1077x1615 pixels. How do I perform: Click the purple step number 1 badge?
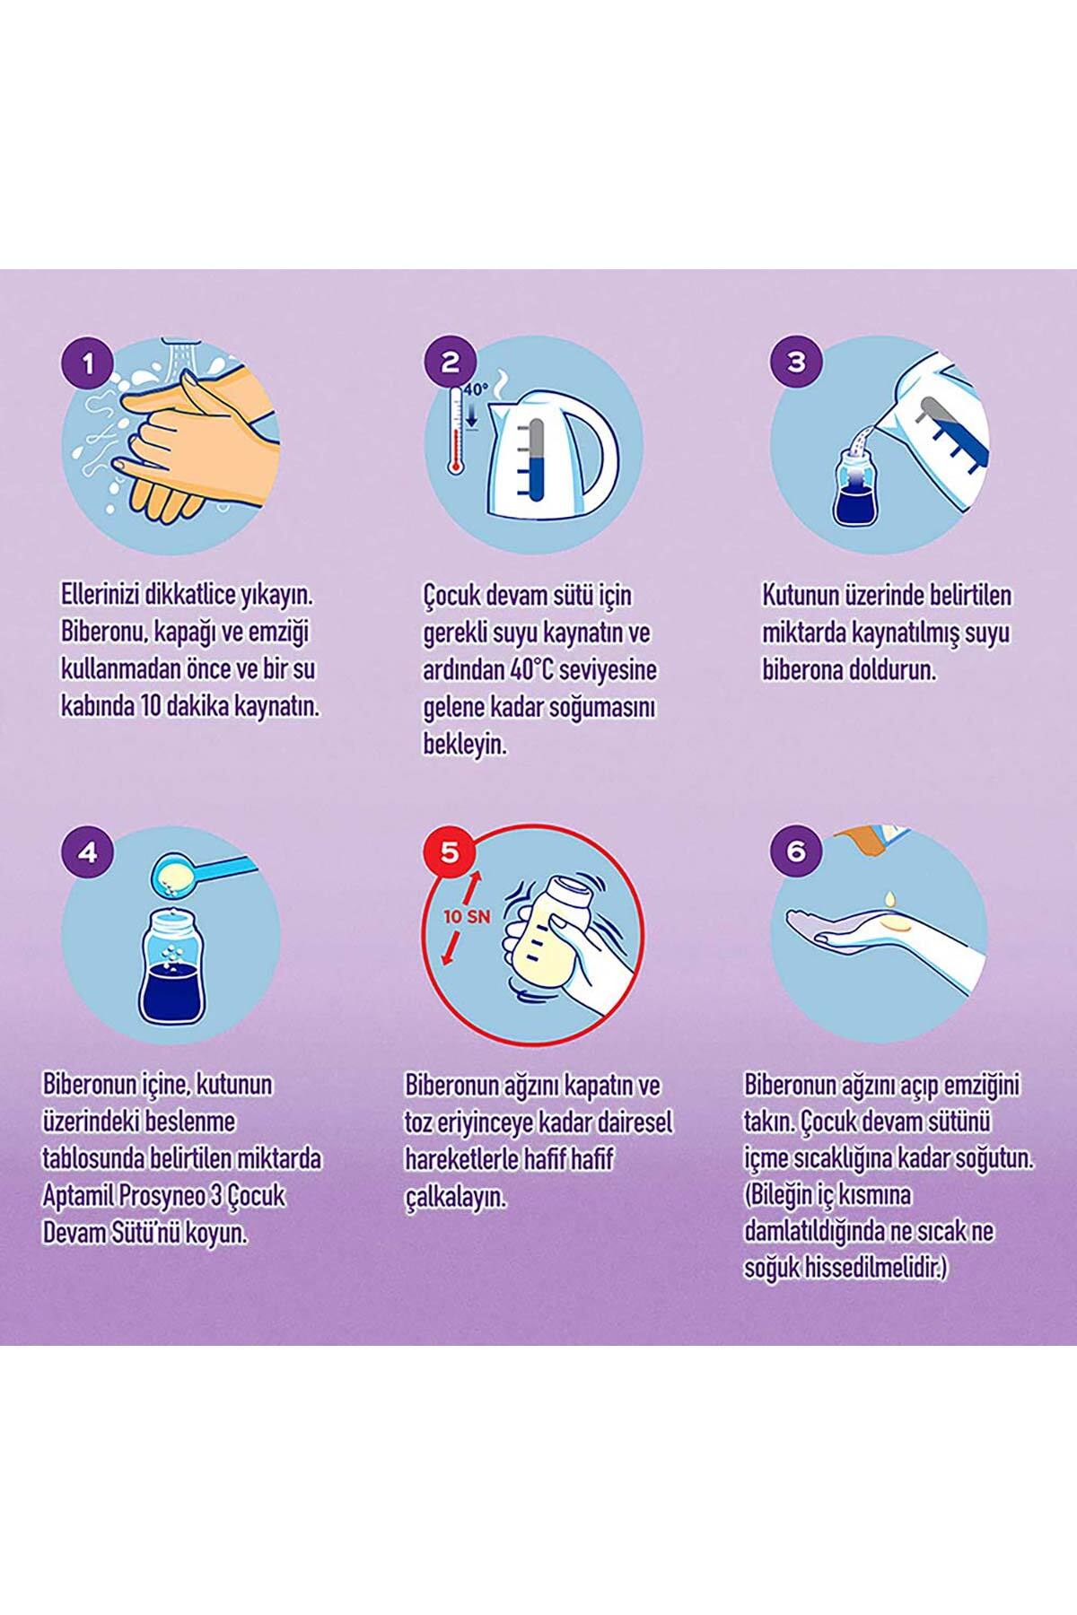(x=87, y=363)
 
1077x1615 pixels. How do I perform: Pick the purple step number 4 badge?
(x=87, y=851)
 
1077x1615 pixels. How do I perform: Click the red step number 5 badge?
(x=451, y=851)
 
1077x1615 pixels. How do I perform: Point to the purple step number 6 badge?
(x=796, y=851)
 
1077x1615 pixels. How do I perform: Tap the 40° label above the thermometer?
(x=476, y=389)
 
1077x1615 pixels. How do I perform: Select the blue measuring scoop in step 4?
(x=203, y=869)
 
